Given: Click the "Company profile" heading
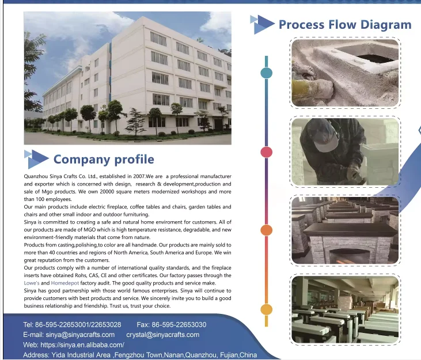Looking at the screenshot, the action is coord(104,160).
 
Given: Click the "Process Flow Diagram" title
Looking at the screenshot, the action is coord(345,24).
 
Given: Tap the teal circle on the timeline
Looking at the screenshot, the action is coord(266,73).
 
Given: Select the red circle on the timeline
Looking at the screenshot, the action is coord(266,152).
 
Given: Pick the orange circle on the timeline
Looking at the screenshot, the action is coord(266,230).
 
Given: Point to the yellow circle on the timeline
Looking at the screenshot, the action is coord(266,309).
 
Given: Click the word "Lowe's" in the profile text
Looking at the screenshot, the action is coord(32,283).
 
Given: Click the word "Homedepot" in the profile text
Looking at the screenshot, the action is coord(65,283).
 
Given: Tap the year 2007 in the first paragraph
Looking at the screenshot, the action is coord(139,176).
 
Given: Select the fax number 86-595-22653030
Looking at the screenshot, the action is coord(179,324).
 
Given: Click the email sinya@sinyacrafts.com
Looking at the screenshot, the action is coord(80,335).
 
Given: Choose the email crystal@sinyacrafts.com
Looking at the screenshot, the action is coord(163,335).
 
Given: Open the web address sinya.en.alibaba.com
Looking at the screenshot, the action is coord(82,344).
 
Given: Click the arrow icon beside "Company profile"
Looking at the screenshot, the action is coord(36,159).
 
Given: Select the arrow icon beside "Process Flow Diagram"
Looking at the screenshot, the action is coord(262,24).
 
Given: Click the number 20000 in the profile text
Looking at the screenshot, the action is coord(107,192).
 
